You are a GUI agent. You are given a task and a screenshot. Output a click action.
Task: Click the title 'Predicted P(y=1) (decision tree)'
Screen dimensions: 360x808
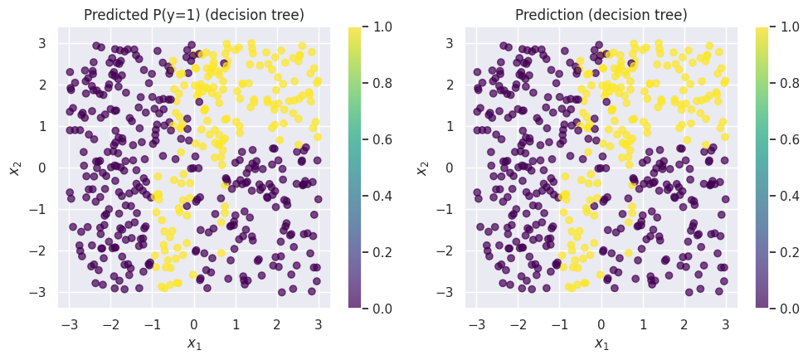coord(193,15)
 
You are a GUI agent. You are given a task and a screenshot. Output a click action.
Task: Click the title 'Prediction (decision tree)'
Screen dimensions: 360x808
coord(601,15)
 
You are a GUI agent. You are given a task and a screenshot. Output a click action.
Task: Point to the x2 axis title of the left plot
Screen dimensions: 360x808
coord(15,168)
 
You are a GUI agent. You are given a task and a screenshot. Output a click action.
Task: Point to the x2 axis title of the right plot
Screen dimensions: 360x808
coord(422,168)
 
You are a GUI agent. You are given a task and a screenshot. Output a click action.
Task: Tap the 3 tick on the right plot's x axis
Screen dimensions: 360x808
coord(726,324)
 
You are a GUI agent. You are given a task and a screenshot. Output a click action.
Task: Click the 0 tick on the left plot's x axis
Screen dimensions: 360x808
coord(194,324)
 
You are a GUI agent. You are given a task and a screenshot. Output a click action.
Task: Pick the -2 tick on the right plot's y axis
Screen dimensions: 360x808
coord(450,251)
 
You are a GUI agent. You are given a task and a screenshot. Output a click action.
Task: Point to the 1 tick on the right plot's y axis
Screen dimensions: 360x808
coord(453,126)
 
